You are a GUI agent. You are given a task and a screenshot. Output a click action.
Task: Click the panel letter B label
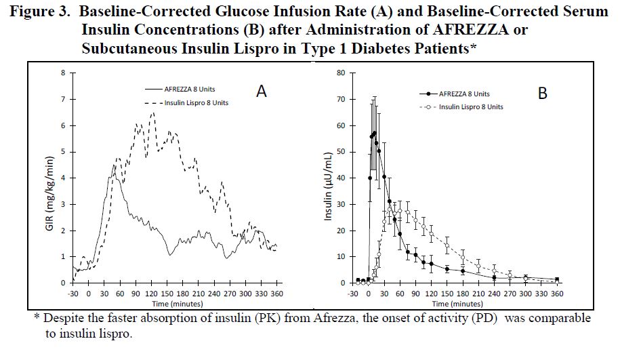(542, 94)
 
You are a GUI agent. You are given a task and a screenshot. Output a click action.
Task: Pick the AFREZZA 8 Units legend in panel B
(463, 94)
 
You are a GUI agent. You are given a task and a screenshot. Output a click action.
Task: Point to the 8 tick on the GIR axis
(64, 73)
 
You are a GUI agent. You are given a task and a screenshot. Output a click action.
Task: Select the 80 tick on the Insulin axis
(342, 73)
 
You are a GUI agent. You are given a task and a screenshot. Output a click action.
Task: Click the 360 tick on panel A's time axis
(276, 295)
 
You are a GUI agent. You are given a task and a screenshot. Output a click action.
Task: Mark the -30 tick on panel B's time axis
(352, 295)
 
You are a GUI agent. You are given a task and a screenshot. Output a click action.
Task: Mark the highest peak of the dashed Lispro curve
(152, 113)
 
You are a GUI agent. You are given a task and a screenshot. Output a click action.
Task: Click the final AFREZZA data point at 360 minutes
(557, 279)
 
